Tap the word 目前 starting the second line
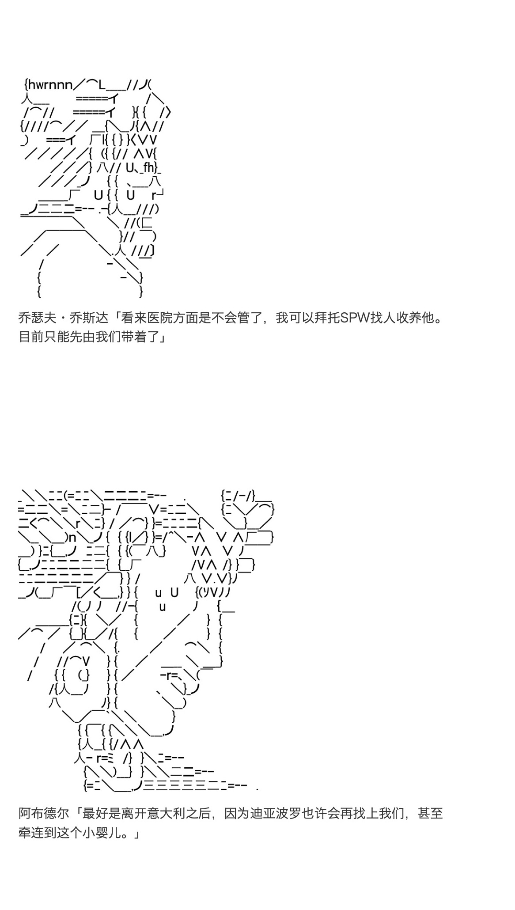tap(31, 337)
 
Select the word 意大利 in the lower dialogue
tap(158, 814)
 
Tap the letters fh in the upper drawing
tap(149, 168)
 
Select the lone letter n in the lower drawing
tap(73, 538)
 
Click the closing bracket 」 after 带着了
tap(162, 337)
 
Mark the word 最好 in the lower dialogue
tap(95, 814)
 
